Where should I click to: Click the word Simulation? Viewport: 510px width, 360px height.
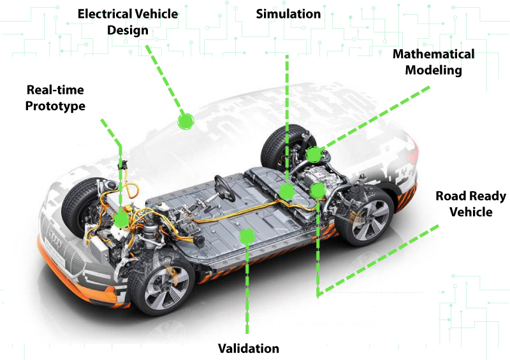point(288,14)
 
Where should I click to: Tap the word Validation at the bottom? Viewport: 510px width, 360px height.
point(249,349)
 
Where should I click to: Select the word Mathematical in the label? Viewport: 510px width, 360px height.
point(433,54)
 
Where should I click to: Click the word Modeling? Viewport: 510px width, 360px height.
point(433,70)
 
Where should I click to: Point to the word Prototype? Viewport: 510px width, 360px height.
point(55,106)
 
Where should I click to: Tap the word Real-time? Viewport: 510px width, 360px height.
point(55,90)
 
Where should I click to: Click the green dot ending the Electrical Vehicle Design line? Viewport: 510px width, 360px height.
point(186,122)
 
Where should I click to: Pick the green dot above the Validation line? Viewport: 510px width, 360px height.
point(247,236)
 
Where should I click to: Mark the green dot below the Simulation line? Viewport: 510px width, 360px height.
point(287,191)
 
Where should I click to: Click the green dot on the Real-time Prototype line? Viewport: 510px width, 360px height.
point(121,219)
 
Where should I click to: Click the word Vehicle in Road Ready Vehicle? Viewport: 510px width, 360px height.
point(471,212)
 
